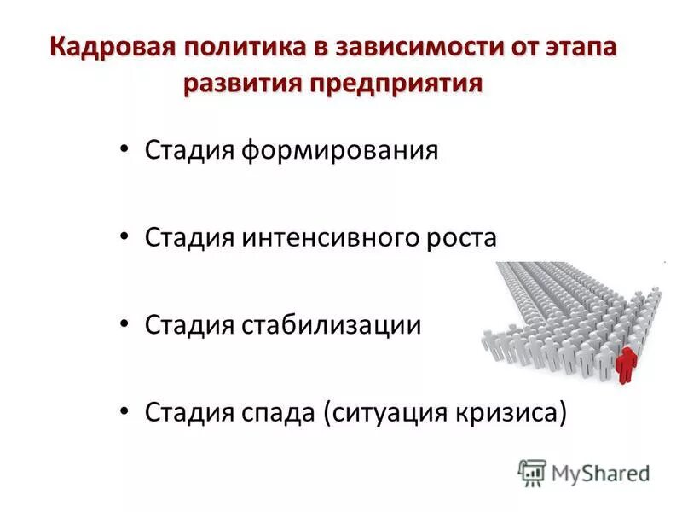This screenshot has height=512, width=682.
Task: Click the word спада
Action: pyautogui.click(x=279, y=413)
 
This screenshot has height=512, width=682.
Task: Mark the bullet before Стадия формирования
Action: pyautogui.click(x=125, y=150)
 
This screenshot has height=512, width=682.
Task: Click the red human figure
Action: pyautogui.click(x=627, y=363)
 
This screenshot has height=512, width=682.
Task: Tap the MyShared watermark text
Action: pyautogui.click(x=601, y=472)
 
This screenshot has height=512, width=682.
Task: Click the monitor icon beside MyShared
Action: pyautogui.click(x=532, y=472)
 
